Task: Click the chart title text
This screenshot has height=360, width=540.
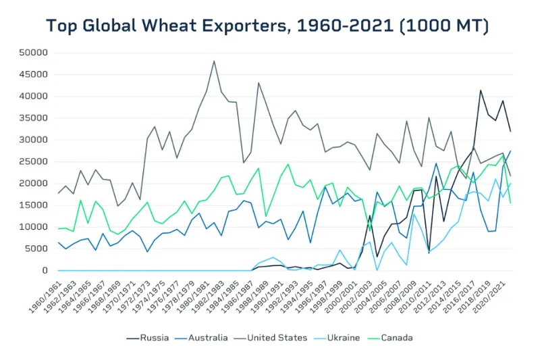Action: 267,26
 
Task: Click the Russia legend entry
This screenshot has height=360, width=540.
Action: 153,337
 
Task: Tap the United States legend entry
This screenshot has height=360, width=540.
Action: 277,337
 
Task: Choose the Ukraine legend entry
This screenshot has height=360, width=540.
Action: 343,337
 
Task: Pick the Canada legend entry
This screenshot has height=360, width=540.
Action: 396,337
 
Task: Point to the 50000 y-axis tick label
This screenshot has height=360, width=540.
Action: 34,53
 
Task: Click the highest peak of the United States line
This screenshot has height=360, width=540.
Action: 214,61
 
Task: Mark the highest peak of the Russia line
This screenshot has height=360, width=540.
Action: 481,90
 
